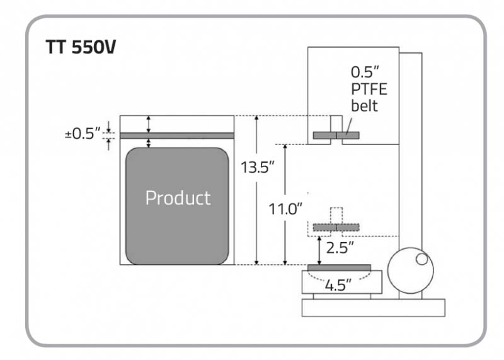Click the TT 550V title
(x=81, y=47)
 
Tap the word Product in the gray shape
(x=178, y=197)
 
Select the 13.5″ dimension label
(x=258, y=167)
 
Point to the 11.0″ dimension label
(x=285, y=209)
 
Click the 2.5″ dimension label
(x=340, y=248)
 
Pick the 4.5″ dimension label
(x=338, y=285)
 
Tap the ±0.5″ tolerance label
(x=83, y=134)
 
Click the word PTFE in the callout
(x=369, y=89)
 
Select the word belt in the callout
(x=364, y=106)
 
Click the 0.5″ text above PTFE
(x=365, y=72)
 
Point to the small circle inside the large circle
(x=421, y=259)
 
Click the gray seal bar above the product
(x=177, y=136)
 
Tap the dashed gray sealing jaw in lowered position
(x=336, y=228)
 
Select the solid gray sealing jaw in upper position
(x=336, y=136)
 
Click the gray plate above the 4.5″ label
(x=339, y=268)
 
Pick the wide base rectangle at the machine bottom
(x=374, y=308)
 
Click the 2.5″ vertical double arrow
(x=319, y=251)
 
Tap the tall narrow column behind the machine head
(x=411, y=176)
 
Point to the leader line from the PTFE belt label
(x=349, y=126)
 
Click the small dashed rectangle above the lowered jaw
(x=336, y=216)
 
